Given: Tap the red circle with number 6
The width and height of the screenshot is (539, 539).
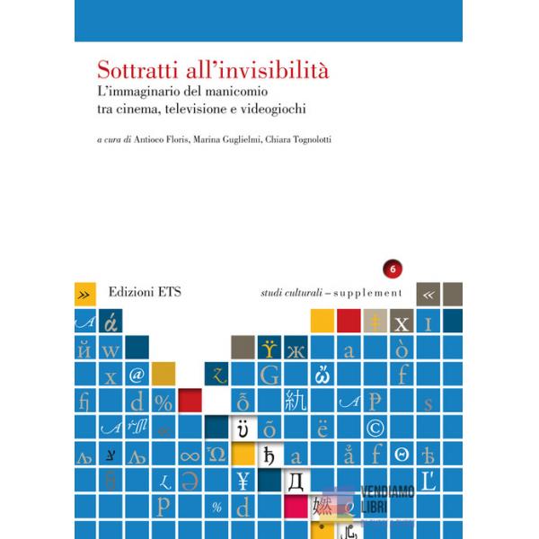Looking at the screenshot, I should click(391, 269).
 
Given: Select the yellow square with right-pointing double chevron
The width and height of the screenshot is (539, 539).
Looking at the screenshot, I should click(84, 294).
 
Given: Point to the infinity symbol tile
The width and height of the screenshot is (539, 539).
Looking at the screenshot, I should click(190, 454).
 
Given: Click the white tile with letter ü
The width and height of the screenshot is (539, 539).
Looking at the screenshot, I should click(243, 427).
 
